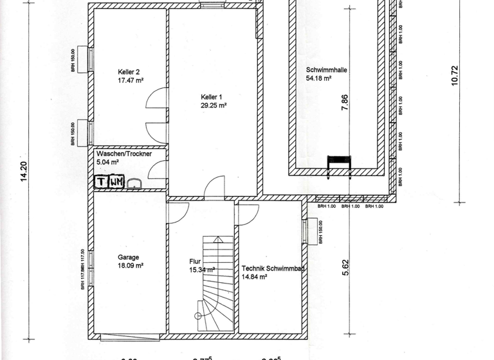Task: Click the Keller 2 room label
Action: tap(129, 72)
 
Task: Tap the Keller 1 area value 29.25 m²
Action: tap(214, 105)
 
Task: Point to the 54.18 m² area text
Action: tap(318, 78)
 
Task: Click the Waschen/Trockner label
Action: tap(125, 155)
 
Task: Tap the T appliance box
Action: tap(101, 182)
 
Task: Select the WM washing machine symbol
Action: tap(116, 182)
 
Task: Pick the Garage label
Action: tap(128, 257)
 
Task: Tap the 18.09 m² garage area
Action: tap(131, 265)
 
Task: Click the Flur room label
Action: tap(196, 262)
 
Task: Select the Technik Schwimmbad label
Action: tap(273, 270)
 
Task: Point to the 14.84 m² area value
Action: tap(255, 278)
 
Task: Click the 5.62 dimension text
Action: tap(345, 266)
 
